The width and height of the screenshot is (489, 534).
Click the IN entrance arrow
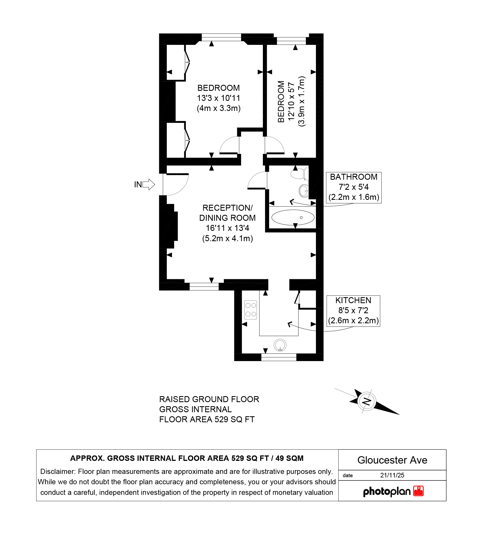coord(149,184)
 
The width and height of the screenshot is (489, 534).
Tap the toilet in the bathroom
coord(300,173)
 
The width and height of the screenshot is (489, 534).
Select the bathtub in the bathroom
coord(293,218)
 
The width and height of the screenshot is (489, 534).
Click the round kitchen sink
coord(280,345)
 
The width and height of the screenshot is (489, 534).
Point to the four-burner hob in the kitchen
coord(251,310)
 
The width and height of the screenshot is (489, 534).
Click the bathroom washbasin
coord(304,191)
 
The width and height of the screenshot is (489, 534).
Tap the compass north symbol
coord(367,401)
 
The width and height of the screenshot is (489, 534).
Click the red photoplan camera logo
coord(419,491)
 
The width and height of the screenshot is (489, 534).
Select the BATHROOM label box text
coord(354,187)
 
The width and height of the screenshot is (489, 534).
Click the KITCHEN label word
coord(353,300)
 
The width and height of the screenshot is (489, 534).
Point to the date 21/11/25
coord(392,475)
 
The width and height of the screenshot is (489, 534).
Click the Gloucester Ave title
coord(392,460)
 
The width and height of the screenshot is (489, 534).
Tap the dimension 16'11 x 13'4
coord(227,228)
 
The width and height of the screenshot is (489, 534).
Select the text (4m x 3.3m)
coord(219,108)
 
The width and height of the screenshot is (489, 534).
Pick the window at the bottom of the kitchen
coord(279,357)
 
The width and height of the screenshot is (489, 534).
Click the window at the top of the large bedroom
coord(221,37)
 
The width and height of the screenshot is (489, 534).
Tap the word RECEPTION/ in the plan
coord(227,208)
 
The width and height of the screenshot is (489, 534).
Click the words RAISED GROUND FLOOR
coord(209,399)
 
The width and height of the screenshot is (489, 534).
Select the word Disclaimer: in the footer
coord(58,471)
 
